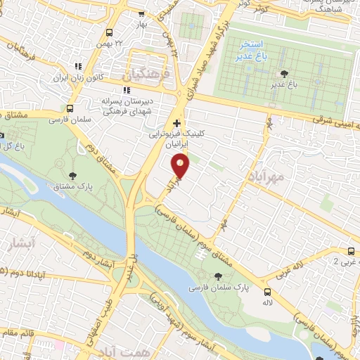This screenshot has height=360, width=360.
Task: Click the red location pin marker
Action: point(181,165)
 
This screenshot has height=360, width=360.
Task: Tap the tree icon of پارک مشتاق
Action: point(73,175)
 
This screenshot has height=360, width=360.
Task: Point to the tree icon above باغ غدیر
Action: point(283,73)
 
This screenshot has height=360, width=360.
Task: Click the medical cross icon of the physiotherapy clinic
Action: point(176,122)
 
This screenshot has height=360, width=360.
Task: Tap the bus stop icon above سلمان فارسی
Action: point(69,108)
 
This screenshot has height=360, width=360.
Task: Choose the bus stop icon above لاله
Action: point(267,292)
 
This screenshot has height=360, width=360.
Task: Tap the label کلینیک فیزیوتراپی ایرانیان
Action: point(168,136)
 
